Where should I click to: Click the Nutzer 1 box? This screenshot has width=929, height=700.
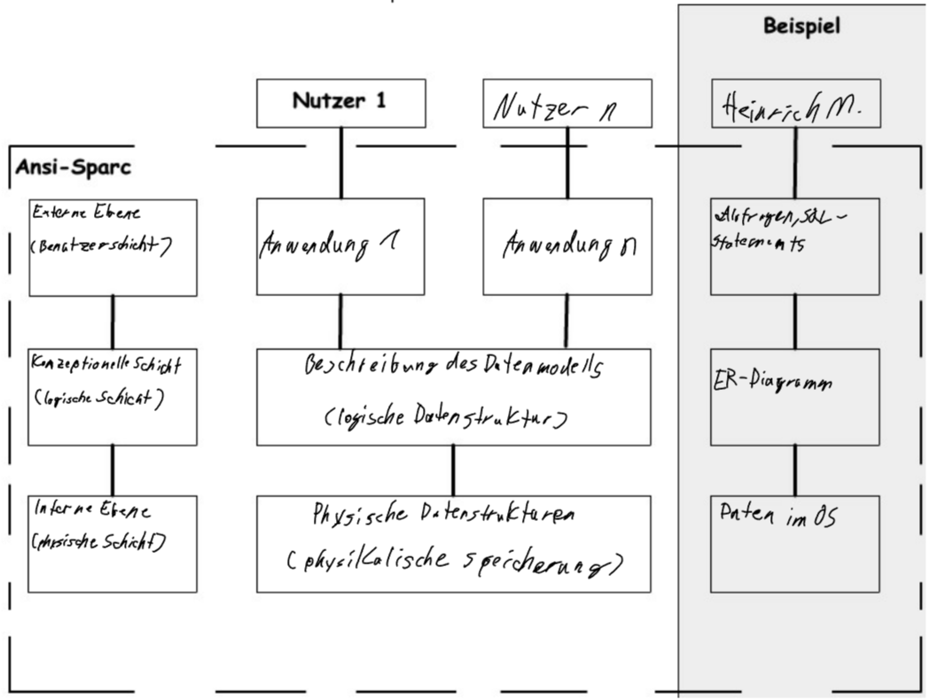coord(340,103)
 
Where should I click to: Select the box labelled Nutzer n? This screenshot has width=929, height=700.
coord(567,103)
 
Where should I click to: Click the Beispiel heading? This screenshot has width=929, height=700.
coord(801,27)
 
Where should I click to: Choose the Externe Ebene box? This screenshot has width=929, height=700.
coord(113,246)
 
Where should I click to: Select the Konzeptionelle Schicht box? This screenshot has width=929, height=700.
coord(113,397)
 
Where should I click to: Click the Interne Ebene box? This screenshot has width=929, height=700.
coord(113,543)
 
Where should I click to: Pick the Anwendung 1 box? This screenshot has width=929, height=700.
coord(340,246)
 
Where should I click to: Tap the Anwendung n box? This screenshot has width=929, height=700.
coord(567,246)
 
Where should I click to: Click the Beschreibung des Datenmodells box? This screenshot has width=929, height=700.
coord(453,397)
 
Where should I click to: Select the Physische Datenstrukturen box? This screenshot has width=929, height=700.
coord(453,543)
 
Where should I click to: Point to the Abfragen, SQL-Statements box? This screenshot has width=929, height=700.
coord(795,246)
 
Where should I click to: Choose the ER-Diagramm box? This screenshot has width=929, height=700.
coord(795,397)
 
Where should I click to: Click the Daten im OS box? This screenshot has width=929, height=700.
coord(795,543)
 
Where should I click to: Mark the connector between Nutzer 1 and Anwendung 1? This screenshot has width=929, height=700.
coord(340,162)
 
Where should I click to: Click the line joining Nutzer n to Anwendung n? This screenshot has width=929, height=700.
coord(567,162)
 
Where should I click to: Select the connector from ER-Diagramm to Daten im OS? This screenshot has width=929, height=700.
coord(795,470)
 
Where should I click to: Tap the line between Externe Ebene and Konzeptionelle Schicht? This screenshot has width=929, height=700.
coord(113,322)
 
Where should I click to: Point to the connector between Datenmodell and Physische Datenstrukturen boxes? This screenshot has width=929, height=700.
coord(453,470)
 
